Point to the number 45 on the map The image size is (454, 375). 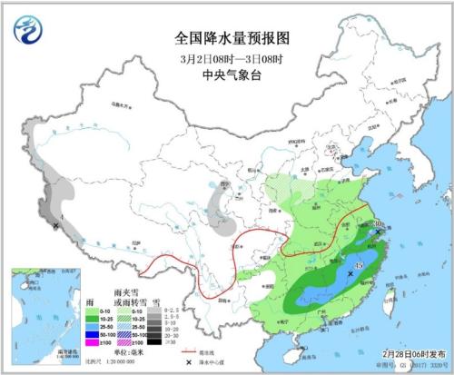[360, 265]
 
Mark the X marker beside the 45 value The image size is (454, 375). [350, 272]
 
